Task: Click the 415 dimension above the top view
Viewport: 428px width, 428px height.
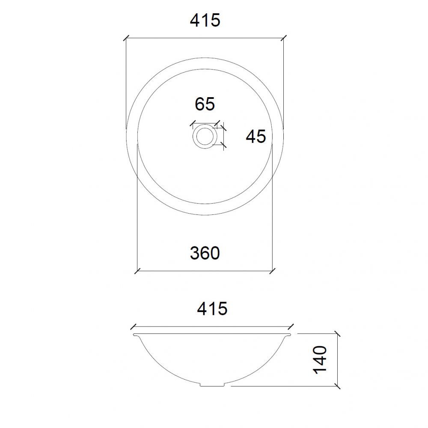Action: click(x=205, y=20)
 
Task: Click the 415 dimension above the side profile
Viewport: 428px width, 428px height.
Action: click(x=212, y=309)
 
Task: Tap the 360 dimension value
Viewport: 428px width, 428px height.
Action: click(x=205, y=253)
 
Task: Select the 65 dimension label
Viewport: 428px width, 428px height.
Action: click(x=205, y=104)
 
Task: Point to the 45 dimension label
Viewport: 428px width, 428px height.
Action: click(x=256, y=137)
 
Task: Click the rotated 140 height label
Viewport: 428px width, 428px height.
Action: click(x=320, y=360)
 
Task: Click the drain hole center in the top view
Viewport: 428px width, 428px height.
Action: click(x=205, y=136)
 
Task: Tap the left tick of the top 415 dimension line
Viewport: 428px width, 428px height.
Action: click(x=126, y=38)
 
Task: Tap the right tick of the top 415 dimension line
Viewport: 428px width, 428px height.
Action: click(x=284, y=38)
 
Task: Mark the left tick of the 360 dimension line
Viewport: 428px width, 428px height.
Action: click(x=137, y=271)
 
